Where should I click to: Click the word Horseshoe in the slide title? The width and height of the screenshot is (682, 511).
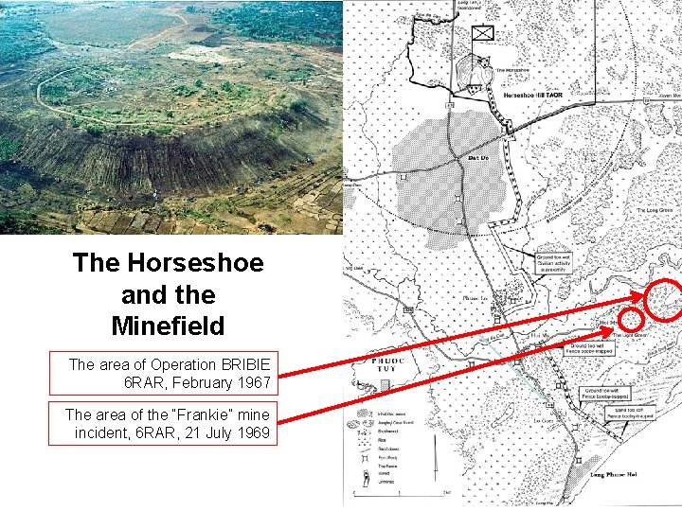(198, 262)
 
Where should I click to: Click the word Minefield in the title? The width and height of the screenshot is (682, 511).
(168, 326)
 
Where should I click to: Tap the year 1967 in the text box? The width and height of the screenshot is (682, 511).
(250, 383)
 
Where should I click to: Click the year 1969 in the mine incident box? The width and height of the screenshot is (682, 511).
(251, 433)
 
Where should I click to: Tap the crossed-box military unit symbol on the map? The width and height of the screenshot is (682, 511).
(483, 32)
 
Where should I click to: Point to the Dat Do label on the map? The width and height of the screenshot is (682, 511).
(478, 158)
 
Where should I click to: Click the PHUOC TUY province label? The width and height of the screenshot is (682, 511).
(387, 364)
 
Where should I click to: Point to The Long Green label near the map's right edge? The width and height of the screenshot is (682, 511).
(654, 210)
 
